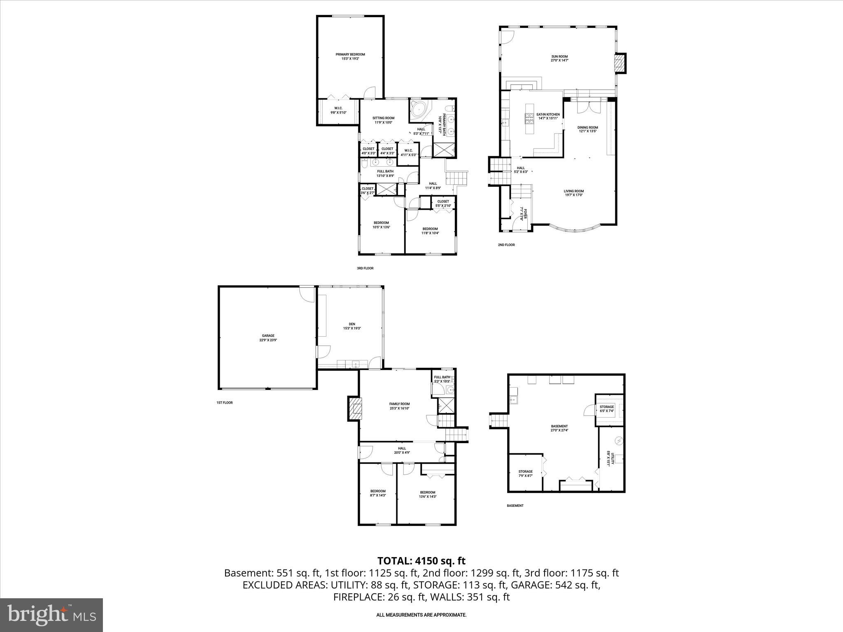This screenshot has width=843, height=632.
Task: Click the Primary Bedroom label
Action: pos(350,56)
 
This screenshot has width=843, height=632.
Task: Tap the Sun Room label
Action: pos(559,58)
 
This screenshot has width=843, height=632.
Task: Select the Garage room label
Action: pos(268,338)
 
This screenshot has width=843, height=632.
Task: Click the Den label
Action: pos(352,326)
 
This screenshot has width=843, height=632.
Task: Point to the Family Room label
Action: pos(399,406)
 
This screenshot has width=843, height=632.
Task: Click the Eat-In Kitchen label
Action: pos(548,116)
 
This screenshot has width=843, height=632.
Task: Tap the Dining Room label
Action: pos(587,130)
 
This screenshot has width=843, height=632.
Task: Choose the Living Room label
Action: pos(573,193)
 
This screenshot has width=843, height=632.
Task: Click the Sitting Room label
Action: pos(383,120)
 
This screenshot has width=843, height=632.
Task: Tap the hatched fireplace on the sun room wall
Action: pos(619,63)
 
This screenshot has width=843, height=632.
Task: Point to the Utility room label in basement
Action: pos(610,457)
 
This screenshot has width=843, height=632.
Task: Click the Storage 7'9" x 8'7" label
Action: pos(525,473)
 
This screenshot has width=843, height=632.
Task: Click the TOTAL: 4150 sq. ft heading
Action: pos(421,560)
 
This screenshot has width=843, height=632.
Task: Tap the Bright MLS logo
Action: pos(51,615)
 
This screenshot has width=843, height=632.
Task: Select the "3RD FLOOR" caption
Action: pos(365,268)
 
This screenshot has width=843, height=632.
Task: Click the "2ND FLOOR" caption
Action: pos(506,245)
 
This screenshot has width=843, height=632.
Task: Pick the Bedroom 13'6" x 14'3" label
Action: pos(427,494)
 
